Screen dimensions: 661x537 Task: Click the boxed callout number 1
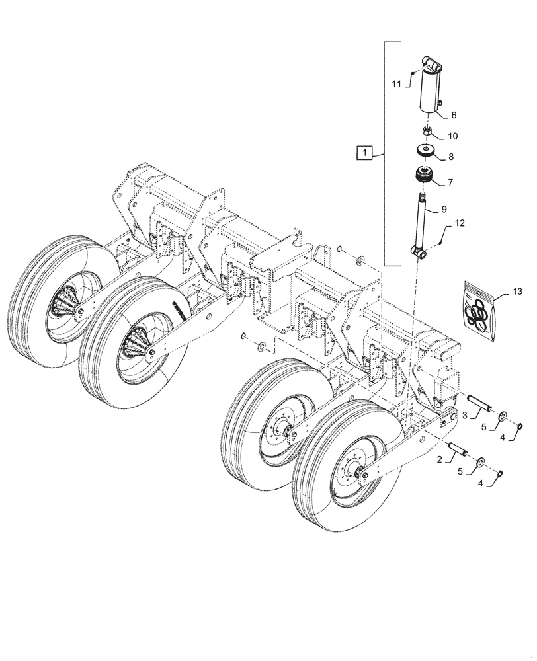(364, 154)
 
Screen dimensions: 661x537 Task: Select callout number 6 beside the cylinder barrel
(454, 115)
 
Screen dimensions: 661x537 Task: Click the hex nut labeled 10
(427, 133)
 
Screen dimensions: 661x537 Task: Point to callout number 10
(453, 136)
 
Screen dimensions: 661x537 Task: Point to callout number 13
(516, 291)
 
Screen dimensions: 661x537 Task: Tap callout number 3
(464, 415)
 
